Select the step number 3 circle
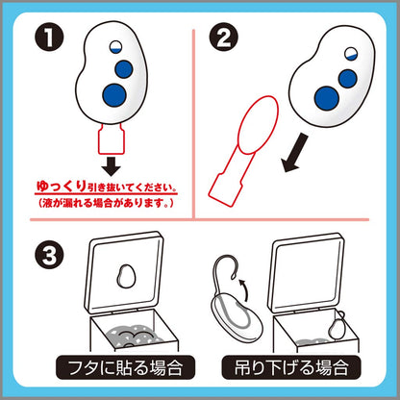(x=49, y=255)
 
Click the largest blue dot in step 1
(x=114, y=95)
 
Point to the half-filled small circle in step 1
(x=114, y=47)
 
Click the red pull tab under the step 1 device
(x=111, y=138)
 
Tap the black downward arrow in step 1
(x=112, y=165)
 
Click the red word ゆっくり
(x=61, y=187)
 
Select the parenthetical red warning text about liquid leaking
(x=106, y=203)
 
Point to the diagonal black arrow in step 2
(x=294, y=153)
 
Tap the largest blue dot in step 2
(x=326, y=98)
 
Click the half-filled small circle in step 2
(x=352, y=53)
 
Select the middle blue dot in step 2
(x=348, y=79)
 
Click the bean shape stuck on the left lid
(x=126, y=276)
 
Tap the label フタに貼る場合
(x=125, y=367)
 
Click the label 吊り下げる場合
(x=291, y=367)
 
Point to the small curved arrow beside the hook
(x=244, y=289)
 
